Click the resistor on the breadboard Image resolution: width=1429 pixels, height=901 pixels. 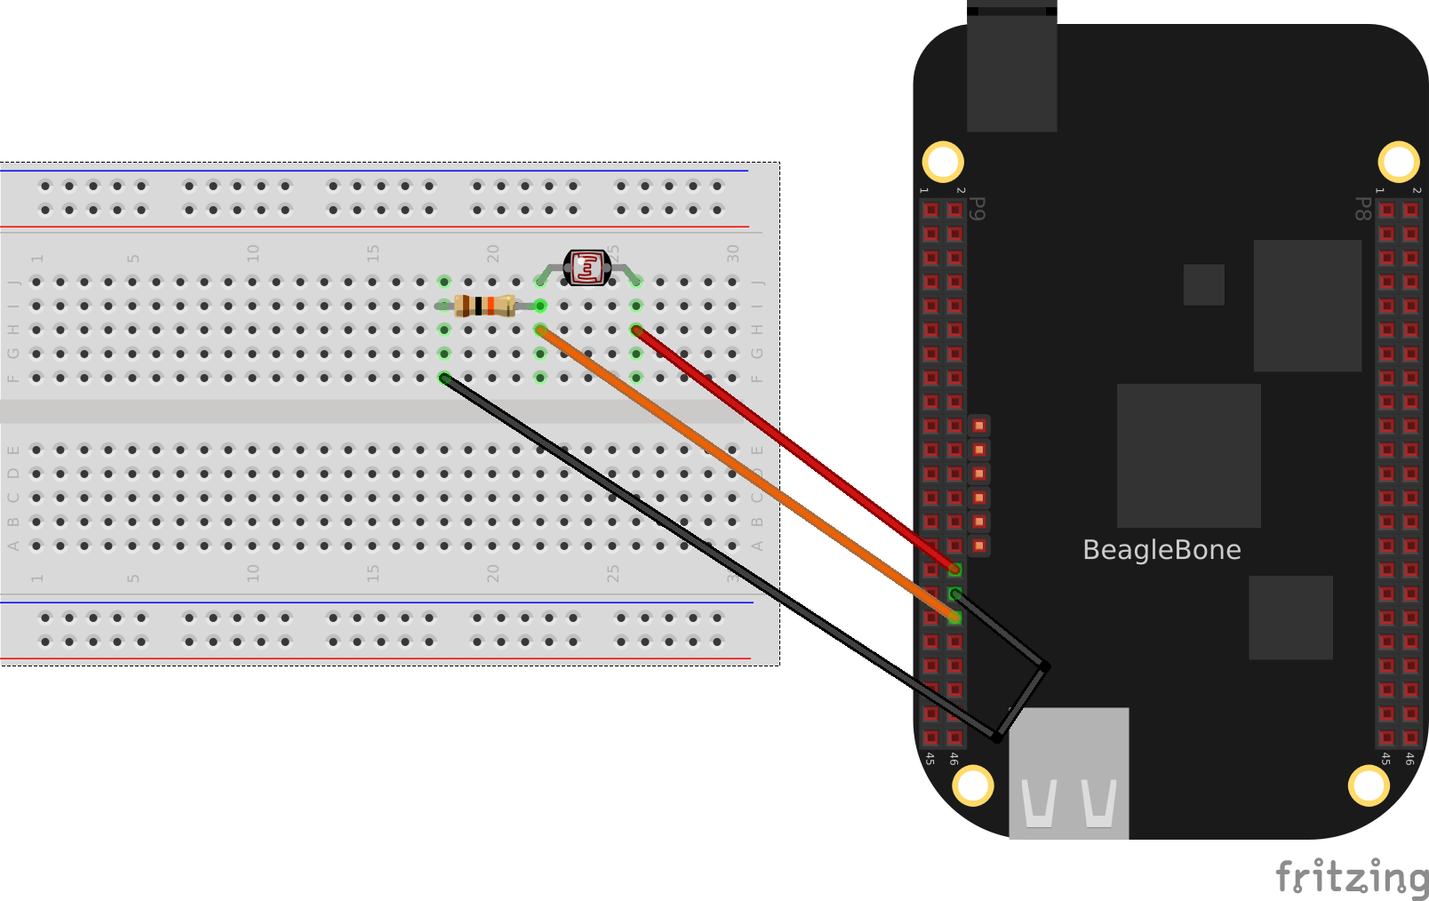click(484, 306)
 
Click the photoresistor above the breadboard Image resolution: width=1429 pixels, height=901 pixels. click(587, 267)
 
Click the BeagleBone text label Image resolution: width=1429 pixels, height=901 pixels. click(1162, 550)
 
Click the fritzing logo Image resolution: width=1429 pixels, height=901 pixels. click(1352, 878)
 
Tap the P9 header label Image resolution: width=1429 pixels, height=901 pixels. click(978, 209)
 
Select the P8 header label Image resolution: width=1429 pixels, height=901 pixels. click(1361, 209)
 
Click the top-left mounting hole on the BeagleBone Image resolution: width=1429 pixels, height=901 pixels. click(943, 162)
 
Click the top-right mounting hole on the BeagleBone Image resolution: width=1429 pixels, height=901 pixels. click(1398, 162)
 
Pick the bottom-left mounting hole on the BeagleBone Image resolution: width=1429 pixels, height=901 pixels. click(973, 785)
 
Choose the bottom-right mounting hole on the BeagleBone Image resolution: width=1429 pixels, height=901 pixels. click(1369, 785)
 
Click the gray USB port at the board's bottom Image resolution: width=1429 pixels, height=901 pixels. click(1069, 773)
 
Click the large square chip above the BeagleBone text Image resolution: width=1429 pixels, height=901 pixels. click(1188, 455)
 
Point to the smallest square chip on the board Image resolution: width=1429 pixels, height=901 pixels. click(1204, 284)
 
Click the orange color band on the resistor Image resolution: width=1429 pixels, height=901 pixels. click(491, 306)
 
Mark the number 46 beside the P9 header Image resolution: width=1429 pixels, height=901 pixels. click(954, 759)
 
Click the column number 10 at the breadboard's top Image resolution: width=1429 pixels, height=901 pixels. click(253, 253)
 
